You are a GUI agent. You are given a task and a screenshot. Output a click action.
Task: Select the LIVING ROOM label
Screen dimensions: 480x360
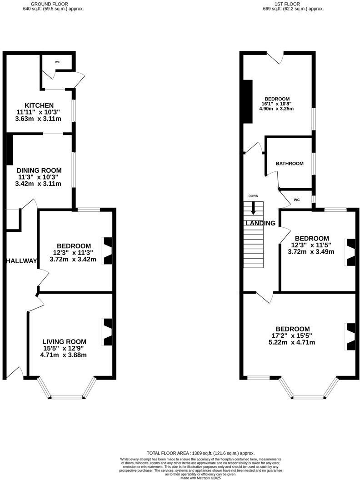click(x=64, y=342)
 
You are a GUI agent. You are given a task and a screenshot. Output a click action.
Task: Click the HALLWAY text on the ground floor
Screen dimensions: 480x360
click(x=21, y=261)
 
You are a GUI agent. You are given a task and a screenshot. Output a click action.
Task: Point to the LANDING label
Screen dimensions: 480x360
click(x=260, y=223)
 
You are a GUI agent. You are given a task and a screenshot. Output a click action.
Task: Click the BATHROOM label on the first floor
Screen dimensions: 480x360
click(x=290, y=164)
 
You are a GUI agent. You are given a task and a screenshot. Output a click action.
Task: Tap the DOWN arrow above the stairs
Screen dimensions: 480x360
click(x=253, y=209)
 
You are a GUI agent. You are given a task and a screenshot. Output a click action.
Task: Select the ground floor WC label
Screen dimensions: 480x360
click(x=57, y=62)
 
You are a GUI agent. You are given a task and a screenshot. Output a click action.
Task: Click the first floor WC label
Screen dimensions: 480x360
click(x=296, y=200)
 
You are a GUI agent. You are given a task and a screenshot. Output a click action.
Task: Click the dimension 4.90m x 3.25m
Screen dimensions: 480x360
click(x=276, y=109)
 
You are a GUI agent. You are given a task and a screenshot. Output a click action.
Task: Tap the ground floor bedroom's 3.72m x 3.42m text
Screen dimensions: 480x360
click(x=73, y=260)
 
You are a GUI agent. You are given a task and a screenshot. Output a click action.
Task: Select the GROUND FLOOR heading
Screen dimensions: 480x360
click(x=53, y=4)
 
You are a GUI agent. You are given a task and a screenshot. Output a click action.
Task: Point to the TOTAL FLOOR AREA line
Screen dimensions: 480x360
click(x=200, y=453)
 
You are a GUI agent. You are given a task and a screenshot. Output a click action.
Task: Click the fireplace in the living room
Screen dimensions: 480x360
click(x=107, y=332)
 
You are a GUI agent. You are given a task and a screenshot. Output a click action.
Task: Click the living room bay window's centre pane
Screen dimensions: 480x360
click(x=67, y=397)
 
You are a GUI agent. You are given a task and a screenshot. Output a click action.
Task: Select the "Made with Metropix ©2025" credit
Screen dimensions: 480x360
click(x=200, y=478)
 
